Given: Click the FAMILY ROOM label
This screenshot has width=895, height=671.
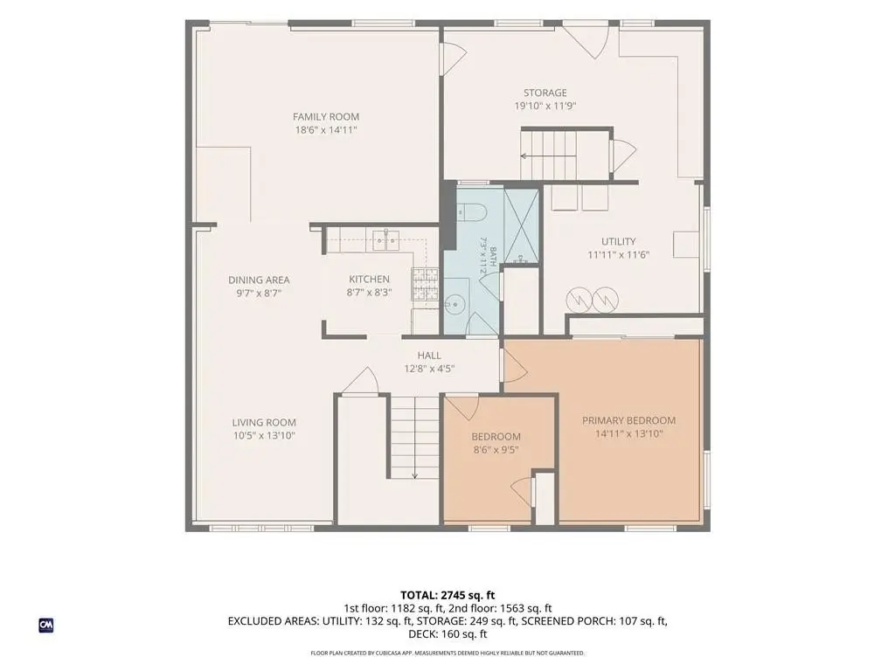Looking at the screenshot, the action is tap(326, 117).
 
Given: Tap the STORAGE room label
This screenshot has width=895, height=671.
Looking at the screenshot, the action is tap(545, 93).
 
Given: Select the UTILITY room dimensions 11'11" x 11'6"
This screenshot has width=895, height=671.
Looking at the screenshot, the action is tap(619, 255).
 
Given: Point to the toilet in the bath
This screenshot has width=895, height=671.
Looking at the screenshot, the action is tap(471, 212).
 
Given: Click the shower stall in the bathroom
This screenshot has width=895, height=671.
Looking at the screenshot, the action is tap(521, 226).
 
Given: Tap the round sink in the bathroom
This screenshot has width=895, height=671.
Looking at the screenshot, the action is tap(456, 304).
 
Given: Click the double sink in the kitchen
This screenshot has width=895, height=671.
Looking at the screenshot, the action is tap(387, 240).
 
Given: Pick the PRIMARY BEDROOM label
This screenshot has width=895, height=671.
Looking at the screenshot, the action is tap(628, 420).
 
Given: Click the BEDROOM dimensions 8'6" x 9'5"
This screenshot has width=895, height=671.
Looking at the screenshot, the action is tap(496, 450).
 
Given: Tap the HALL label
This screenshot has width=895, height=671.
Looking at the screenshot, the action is tap(428, 356).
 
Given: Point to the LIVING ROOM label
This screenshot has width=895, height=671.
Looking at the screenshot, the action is tap(264, 423).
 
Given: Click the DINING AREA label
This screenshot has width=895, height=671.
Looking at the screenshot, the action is tap(259, 280).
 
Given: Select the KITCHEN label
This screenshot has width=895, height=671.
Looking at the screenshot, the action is tap(370, 279).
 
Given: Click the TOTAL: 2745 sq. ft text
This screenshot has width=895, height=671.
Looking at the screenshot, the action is tap(447, 596).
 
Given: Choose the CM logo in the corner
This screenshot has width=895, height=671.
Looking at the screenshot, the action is tap(46, 626).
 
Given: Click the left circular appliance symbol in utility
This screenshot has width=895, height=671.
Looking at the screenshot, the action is tap(579, 300).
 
